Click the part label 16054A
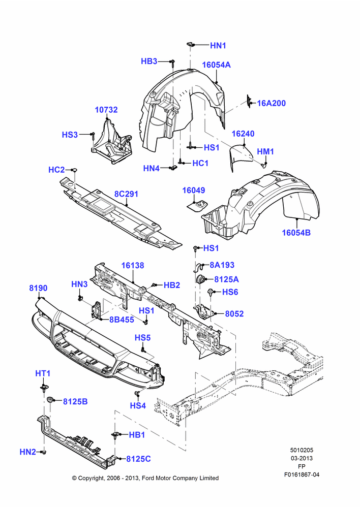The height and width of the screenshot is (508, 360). click(x=216, y=65)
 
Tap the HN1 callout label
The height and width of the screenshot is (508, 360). click(x=218, y=46)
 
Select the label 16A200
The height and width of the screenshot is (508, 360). click(x=272, y=103)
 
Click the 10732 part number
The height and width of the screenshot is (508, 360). click(x=106, y=110)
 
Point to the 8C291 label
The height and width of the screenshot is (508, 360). click(x=126, y=194)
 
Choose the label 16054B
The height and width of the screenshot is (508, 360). click(x=296, y=233)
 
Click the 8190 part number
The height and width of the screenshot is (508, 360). click(x=38, y=288)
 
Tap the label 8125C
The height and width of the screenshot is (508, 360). click(x=138, y=459)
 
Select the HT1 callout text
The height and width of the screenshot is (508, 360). click(x=43, y=373)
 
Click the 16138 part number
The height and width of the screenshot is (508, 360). click(x=133, y=266)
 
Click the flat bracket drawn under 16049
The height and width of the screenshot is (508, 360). click(x=197, y=205)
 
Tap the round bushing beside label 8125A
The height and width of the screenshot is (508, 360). click(x=201, y=279)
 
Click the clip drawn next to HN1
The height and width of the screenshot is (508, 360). click(x=190, y=44)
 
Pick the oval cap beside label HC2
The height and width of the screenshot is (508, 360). click(x=74, y=170)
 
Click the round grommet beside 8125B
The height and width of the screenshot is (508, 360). click(x=50, y=400)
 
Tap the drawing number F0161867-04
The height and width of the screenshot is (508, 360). click(x=302, y=474)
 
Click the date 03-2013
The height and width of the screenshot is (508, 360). click(x=302, y=458)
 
